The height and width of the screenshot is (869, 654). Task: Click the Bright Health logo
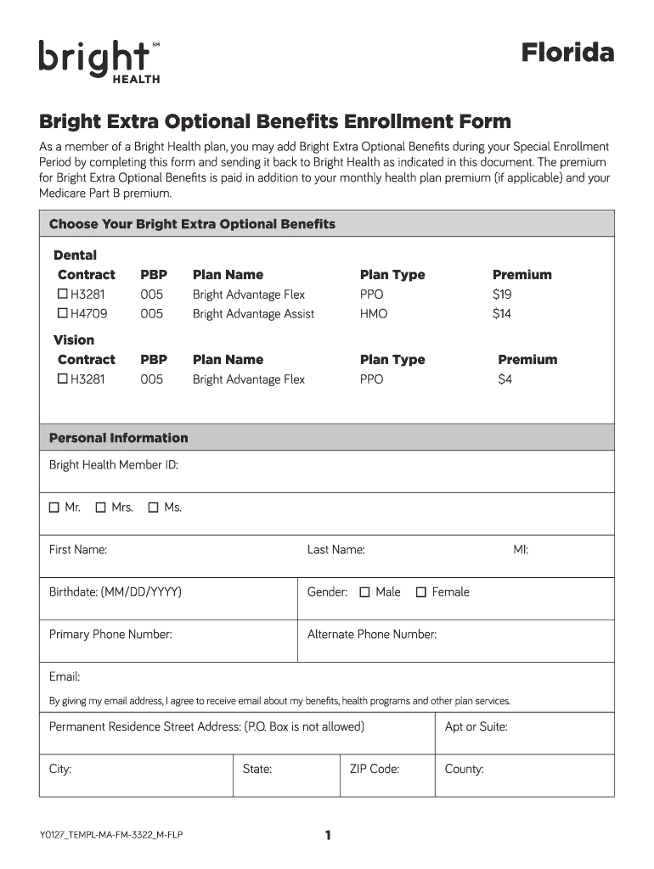(x=99, y=61)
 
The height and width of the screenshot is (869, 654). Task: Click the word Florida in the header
(x=567, y=53)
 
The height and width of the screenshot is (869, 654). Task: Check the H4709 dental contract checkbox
(x=62, y=314)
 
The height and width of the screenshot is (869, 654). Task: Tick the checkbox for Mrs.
(x=100, y=507)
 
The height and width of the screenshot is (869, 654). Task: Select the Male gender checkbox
(x=364, y=592)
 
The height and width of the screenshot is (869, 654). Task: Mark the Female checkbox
(x=420, y=592)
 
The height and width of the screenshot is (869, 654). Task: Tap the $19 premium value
(x=502, y=294)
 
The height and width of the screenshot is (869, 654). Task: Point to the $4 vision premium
(x=505, y=379)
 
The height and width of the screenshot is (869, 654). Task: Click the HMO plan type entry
(x=373, y=314)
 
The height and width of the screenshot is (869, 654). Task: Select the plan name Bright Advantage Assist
(x=253, y=314)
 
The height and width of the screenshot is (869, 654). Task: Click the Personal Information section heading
(x=118, y=438)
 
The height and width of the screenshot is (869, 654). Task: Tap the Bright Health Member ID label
(x=113, y=465)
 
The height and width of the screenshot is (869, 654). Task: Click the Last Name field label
(x=335, y=550)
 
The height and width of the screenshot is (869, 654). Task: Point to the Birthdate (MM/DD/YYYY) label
(x=115, y=592)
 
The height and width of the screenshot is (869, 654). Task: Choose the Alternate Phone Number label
(x=371, y=635)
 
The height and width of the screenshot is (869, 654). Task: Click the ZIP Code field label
(x=374, y=770)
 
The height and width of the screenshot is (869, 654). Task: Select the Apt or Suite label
(x=476, y=727)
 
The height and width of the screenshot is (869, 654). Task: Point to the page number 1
(x=327, y=836)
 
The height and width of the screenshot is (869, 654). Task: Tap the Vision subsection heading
(x=74, y=340)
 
